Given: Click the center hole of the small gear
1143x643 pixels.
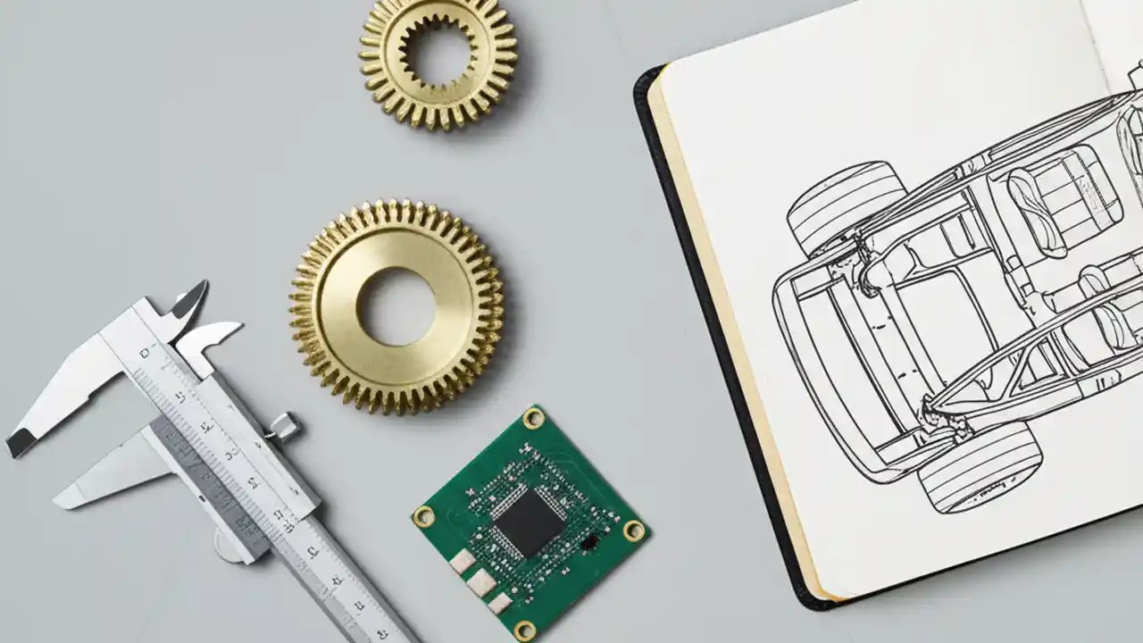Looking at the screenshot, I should [x=438, y=55].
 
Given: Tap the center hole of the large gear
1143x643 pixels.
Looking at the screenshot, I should [x=396, y=306].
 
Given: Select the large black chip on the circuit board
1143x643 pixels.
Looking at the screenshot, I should [x=528, y=522].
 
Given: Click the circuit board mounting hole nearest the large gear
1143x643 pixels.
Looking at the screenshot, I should [x=533, y=417].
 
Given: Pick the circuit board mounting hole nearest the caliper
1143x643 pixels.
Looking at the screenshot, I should [x=423, y=516].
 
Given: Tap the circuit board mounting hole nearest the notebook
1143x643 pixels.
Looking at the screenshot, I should [x=634, y=530].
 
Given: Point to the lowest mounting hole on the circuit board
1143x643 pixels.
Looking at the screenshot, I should [x=525, y=630].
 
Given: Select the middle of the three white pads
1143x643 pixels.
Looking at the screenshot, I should [x=480, y=582].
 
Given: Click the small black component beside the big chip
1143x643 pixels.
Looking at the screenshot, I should [x=589, y=541].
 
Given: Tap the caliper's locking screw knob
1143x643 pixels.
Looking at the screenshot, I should [x=285, y=426].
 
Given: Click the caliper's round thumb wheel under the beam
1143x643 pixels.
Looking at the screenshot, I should [x=228, y=545].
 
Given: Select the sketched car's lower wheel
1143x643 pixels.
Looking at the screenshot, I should [x=980, y=469].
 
